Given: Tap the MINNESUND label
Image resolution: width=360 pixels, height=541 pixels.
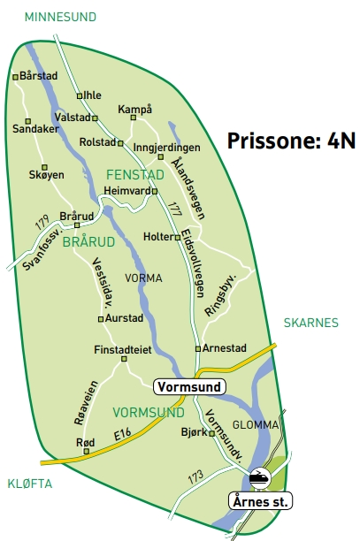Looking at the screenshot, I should pos(60,17).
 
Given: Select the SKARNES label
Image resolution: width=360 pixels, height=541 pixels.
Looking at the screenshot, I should pos(310,324).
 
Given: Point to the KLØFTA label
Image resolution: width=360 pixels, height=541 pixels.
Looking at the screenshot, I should pos(30,484).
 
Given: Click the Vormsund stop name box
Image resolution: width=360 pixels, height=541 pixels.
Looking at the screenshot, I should pos(189,387).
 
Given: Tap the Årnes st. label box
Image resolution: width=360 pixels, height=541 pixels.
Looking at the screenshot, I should pos(261,501).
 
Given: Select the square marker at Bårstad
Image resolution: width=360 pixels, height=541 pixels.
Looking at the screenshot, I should pos(15,77).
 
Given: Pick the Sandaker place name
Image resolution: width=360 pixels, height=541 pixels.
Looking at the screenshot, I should pos(35,128).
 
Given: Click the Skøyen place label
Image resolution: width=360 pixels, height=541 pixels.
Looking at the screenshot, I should pos(47,175).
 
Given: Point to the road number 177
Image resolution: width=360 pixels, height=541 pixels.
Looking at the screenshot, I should pos(174,210).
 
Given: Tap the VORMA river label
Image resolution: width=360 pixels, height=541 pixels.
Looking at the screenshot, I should pos(144,278).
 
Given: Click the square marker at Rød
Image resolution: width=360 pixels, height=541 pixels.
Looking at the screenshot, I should pos(86,452).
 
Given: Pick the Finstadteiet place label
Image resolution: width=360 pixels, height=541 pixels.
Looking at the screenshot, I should pos(123,350).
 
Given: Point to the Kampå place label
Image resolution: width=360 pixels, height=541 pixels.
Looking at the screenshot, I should pos(135,109).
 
